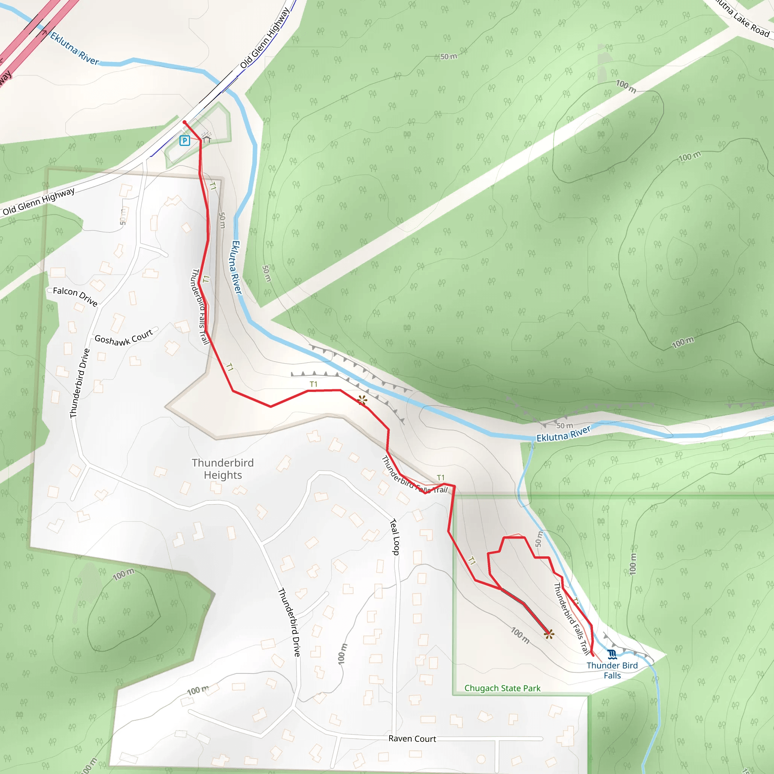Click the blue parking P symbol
pos(185,141)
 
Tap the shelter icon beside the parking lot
pos(206,139)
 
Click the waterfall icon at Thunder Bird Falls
pos(612,654)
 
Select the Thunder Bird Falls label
pos(612,670)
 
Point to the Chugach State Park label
pos(502,688)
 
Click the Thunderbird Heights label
pos(223,469)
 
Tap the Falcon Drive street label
pos(75,296)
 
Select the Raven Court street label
pos(412,739)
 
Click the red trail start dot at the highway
pos(184,122)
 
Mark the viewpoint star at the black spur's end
pos(549,634)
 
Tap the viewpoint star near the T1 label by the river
pos(362,400)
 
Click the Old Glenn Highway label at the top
pos(265,39)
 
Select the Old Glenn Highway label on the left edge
pos(39,201)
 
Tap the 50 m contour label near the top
pos(449,56)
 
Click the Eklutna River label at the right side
pos(563,434)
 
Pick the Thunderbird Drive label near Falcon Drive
pos(80,383)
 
